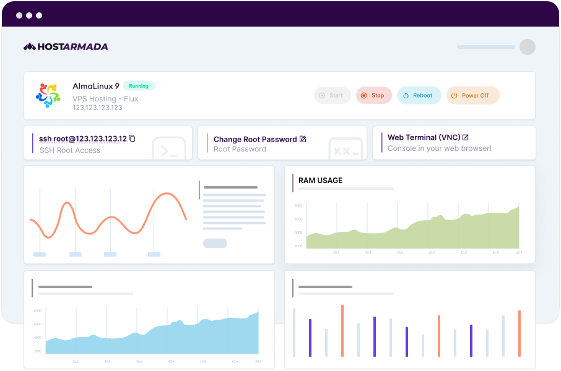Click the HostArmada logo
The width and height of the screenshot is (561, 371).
coord(66,46)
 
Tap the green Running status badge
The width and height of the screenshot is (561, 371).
coord(139,86)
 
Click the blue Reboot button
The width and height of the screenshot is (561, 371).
coord(419,95)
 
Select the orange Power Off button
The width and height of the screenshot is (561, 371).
coord(472,95)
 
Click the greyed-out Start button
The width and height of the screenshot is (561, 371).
coord(332,95)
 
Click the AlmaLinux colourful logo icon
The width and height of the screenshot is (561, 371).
coord(48,95)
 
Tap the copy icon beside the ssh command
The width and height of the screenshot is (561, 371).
coord(132,139)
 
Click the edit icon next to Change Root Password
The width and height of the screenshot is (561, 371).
coord(303,139)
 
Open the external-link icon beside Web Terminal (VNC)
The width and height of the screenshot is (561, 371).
coord(466,137)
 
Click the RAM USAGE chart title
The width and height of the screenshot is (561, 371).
coord(320,181)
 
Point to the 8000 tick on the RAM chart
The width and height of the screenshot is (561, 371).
coord(298,205)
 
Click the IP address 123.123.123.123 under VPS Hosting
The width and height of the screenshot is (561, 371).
coord(97,108)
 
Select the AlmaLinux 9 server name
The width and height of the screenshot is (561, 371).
coord(96,86)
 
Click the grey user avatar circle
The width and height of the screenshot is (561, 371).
coord(527,47)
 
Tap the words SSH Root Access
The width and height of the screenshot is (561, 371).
coord(70,150)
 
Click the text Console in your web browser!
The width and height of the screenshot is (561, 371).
coord(440,148)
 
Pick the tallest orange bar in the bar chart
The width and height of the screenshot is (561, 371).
coord(342,330)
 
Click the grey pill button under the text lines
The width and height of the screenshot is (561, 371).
coord(215,243)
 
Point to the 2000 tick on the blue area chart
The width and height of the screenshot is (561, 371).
coord(38,351)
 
